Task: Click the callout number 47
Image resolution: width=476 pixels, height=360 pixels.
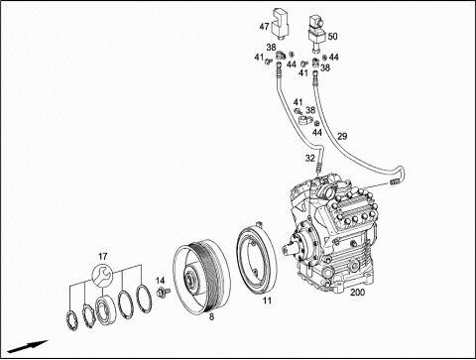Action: click(264, 27)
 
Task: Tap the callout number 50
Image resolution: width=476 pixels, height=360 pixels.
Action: click(332, 36)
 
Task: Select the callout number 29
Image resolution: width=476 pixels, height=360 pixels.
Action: click(342, 136)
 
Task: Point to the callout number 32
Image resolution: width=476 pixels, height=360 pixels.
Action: click(309, 159)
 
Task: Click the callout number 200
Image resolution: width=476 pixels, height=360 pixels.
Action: click(357, 293)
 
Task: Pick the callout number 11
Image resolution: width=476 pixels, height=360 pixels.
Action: click(267, 300)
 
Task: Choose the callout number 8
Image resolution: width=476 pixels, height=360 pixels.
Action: click(211, 316)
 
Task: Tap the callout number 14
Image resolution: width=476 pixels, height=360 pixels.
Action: click(160, 281)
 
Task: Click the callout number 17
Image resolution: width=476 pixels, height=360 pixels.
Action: click(103, 256)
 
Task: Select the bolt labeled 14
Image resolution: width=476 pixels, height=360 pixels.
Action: click(163, 293)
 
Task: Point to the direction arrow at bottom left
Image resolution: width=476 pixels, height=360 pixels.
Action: click(28, 346)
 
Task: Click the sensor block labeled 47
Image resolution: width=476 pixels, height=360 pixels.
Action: click(280, 24)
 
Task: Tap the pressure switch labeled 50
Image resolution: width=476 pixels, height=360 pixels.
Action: click(316, 33)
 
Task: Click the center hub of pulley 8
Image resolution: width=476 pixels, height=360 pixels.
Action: click(189, 279)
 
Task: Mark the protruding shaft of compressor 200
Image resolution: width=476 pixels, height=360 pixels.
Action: click(287, 249)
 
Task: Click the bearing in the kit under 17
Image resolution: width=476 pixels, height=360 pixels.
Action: click(105, 308)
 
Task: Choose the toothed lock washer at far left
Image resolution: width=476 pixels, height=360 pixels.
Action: click(72, 320)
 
